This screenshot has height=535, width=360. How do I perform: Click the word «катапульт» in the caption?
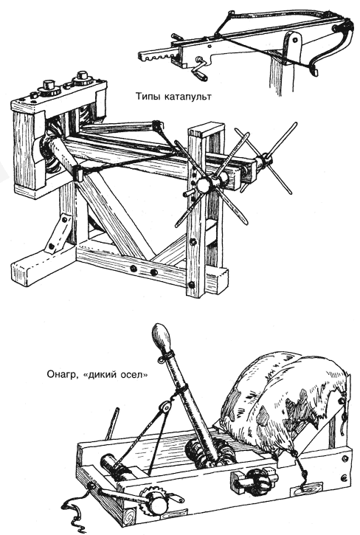pos(188,97)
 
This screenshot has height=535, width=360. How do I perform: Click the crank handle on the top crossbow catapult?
pos(198,69)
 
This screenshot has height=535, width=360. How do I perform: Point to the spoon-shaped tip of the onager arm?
pos(161,338)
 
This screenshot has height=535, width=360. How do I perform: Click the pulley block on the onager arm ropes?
pos(166,407)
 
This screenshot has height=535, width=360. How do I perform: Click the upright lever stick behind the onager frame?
pos(112,424)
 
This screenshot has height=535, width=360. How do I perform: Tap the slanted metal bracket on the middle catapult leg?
pos(58,234)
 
